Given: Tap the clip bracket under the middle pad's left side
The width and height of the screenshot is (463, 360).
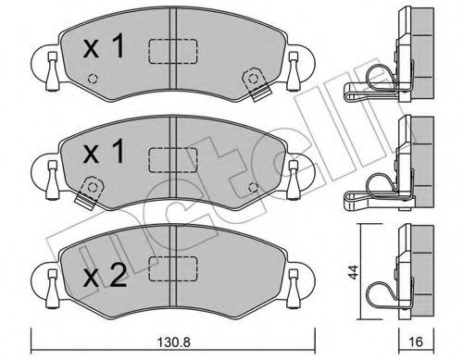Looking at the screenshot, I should (88, 192).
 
